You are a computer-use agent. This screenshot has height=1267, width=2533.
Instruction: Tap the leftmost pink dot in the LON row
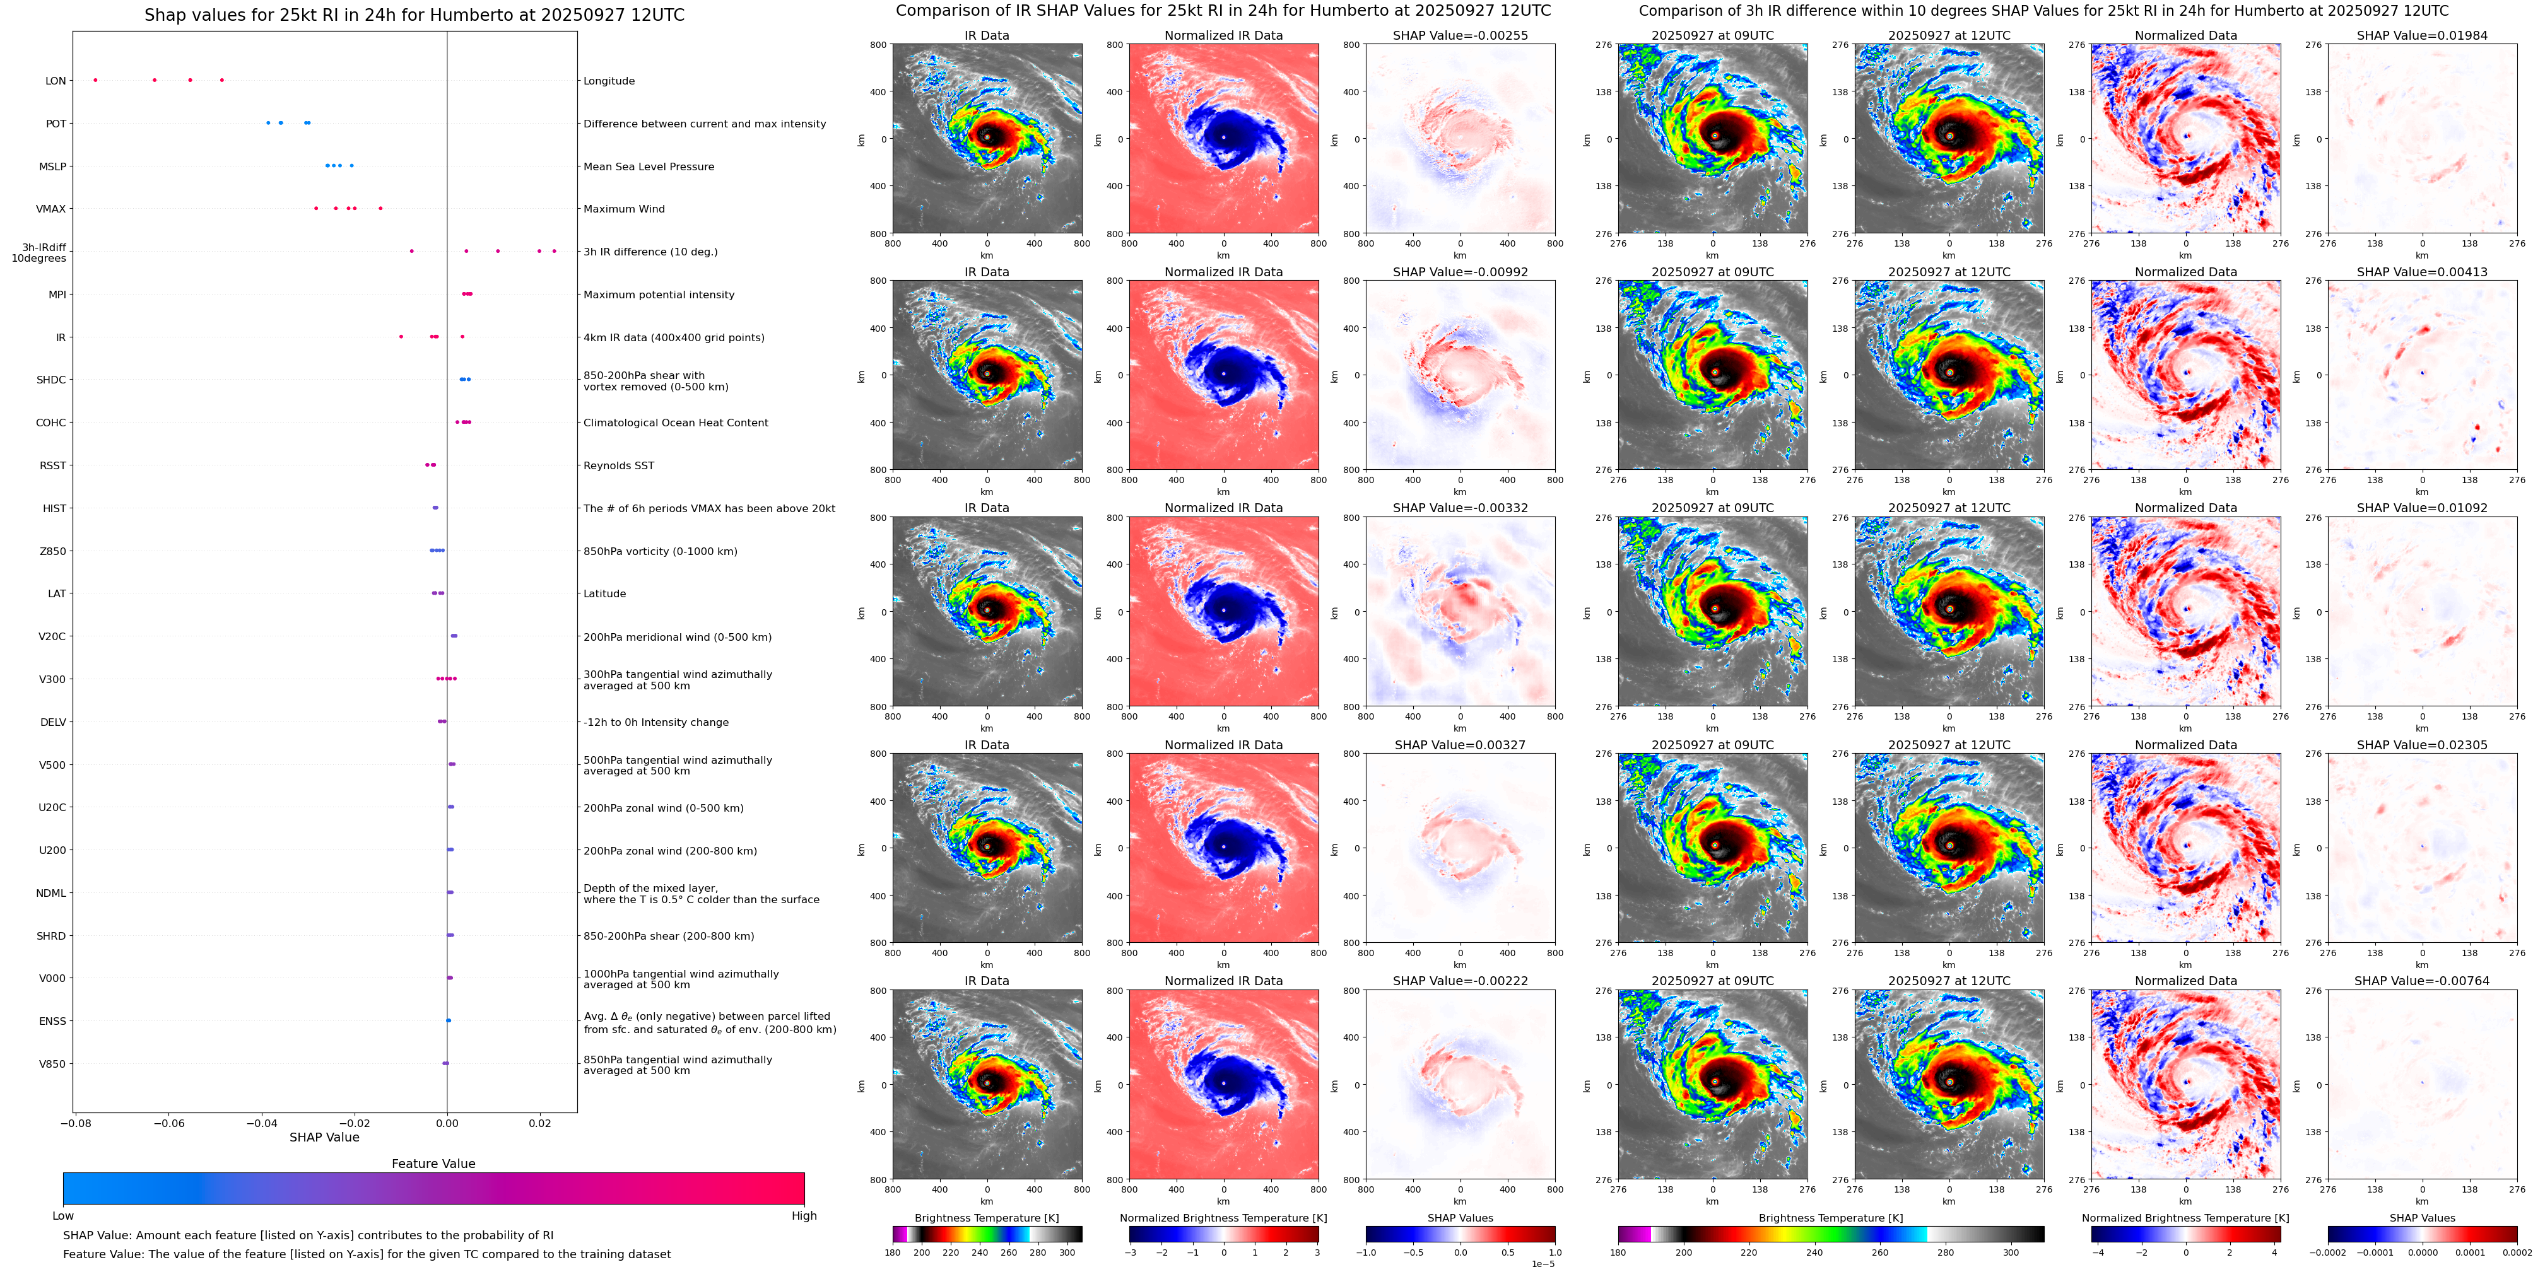point(95,79)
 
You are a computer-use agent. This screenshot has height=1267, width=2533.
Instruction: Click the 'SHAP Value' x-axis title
point(324,1137)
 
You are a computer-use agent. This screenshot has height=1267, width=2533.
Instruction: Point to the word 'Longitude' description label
point(609,81)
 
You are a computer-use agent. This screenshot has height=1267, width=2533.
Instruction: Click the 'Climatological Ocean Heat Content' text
point(676,423)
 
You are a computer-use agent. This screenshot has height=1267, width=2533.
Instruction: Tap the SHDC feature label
point(51,380)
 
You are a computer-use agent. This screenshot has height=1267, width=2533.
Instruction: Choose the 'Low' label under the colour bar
point(63,1216)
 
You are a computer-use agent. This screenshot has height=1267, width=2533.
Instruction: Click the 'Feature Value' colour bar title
point(433,1164)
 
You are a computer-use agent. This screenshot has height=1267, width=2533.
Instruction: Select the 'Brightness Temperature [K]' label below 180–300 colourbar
point(986,1218)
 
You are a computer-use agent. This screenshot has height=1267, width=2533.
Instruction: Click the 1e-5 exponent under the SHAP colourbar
point(1543,1263)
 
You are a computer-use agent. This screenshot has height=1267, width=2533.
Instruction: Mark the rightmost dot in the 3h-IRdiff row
point(554,250)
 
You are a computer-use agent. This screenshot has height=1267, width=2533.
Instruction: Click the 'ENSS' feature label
point(52,1021)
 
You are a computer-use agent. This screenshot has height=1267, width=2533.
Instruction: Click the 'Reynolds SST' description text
point(618,466)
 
